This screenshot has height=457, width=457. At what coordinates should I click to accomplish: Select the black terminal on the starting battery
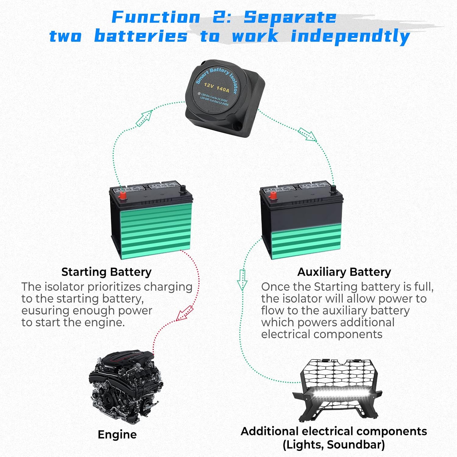183,190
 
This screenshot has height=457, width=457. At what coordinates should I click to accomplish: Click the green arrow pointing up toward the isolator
144,118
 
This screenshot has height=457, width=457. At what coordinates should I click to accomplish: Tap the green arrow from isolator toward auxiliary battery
307,134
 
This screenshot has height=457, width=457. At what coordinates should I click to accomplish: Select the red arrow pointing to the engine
185,314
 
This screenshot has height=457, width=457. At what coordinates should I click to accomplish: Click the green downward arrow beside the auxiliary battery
242,280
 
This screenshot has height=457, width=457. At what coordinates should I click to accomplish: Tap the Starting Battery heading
106,272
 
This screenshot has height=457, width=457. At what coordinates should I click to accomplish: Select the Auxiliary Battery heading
344,272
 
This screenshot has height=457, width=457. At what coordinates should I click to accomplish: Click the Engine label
117,434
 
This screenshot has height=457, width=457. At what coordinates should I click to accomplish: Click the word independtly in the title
350,37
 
